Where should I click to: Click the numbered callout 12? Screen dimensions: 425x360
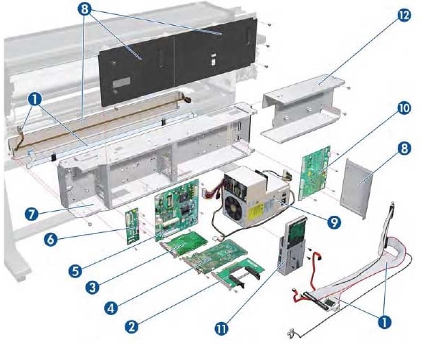click(x=404, y=15)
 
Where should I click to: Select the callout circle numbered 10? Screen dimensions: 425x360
click(x=404, y=108)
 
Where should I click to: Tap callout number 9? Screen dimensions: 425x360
click(x=334, y=222)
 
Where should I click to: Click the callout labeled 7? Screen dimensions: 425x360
click(x=32, y=214)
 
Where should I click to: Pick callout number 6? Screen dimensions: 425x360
click(x=51, y=240)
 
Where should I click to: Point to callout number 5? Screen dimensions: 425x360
click(x=75, y=270)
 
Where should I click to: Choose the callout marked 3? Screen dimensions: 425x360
click(x=92, y=287)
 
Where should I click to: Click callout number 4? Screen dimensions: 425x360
click(x=111, y=308)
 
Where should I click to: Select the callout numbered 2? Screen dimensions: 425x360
click(x=132, y=326)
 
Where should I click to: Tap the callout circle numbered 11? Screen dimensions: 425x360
click(x=221, y=328)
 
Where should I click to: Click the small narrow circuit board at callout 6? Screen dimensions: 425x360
click(x=133, y=226)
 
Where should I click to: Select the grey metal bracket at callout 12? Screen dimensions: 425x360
click(x=302, y=108)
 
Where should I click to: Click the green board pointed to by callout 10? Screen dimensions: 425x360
click(x=315, y=173)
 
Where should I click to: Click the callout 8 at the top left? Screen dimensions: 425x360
click(x=85, y=9)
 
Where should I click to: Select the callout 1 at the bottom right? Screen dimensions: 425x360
click(x=384, y=322)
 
